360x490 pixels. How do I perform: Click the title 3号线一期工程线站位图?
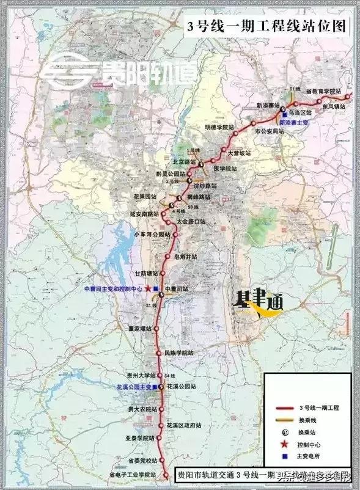tap(266, 26)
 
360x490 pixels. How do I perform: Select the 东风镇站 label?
tap(332, 106)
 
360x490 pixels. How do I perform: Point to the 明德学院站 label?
tap(219, 127)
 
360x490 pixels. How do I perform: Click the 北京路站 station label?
tap(183, 162)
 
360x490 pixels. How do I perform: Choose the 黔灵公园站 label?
tap(170, 175)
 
